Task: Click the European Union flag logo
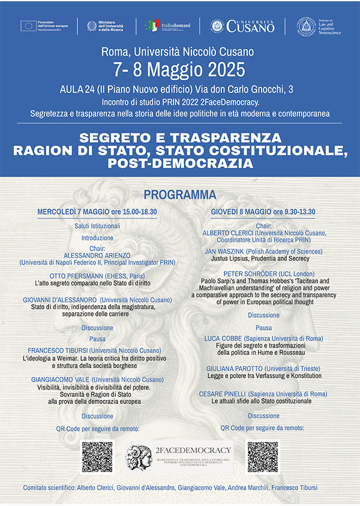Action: (28, 25)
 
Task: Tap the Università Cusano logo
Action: (242, 26)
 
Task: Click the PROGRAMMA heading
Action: (179, 195)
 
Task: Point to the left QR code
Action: (97, 457)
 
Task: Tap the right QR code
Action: (263, 457)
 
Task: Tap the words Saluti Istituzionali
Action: (97, 227)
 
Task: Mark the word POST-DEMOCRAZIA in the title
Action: (179, 162)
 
